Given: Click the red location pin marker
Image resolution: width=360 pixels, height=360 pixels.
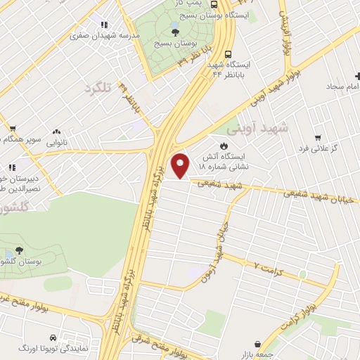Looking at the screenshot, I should click(x=181, y=165).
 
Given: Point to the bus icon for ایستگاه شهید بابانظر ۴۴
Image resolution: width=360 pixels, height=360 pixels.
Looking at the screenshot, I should click(x=228, y=53).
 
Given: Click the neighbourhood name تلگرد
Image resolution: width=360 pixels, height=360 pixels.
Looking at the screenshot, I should click(x=98, y=89).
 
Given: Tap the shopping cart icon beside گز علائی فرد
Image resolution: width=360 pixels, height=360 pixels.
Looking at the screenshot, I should click(x=318, y=137).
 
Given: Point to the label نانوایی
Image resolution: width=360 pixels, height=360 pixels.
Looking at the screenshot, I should click(x=57, y=142).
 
